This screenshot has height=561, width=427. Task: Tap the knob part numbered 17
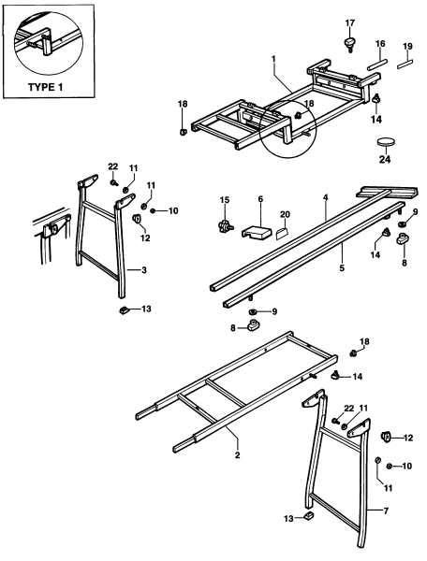point(350,42)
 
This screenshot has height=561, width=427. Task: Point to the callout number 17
point(350,22)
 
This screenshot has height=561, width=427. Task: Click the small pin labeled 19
point(406,65)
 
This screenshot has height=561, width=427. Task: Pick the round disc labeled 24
point(387,142)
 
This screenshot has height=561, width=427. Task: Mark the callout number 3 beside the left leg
point(141,270)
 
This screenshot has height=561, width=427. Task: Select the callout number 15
point(224,200)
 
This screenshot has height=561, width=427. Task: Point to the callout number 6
point(259,200)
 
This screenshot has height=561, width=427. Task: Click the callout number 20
point(285,213)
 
